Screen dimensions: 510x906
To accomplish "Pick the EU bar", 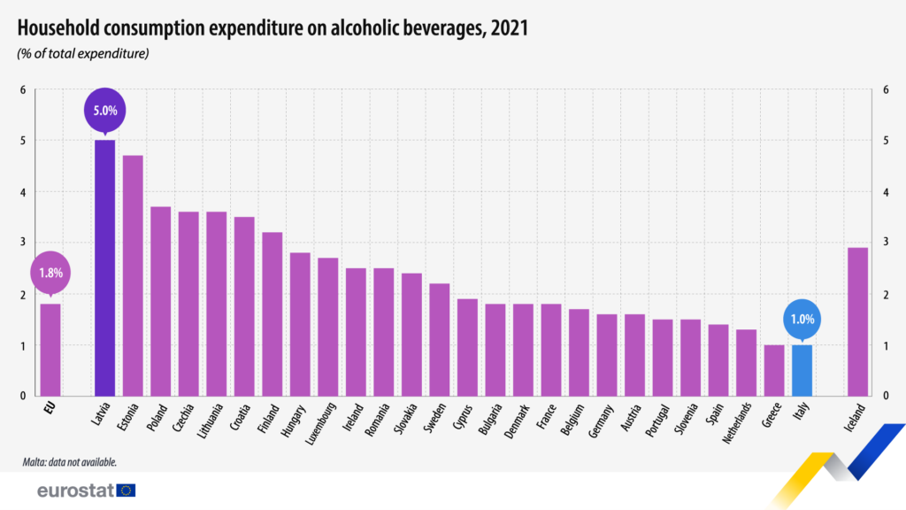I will tap(50, 350).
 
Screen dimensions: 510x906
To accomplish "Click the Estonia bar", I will tap(133, 275).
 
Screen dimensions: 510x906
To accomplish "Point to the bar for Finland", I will tap(272, 313).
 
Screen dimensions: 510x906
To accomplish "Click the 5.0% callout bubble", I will tap(104, 111).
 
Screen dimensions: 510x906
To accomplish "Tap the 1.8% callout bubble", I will tap(50, 273).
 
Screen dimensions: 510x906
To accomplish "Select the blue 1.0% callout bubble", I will tap(802, 319).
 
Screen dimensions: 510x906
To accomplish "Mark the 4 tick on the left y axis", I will tap(24, 192).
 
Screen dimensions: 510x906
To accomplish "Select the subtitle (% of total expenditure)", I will tap(82, 54).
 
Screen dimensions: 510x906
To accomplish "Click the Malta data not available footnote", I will tap(70, 462).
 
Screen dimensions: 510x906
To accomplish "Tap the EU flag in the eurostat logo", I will tap(126, 491).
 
